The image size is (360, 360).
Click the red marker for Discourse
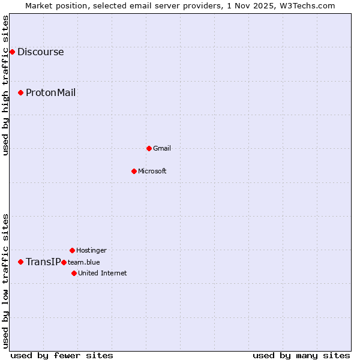coord(12,52)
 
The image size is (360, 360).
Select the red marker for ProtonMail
coord(20,92)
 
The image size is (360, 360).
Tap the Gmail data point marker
coord(149,148)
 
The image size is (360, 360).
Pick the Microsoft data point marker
coord(134,171)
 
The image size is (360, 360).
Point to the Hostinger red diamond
coord(72,250)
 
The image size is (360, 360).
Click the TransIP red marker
coord(20,262)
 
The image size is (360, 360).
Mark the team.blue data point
coord(64,262)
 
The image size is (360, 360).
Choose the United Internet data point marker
coord(74,273)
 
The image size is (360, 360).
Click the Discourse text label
coord(40,52)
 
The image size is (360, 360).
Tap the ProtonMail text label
coord(50,92)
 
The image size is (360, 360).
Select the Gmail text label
coord(162,148)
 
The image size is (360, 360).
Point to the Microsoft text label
coord(152,171)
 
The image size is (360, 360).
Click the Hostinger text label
coord(91,250)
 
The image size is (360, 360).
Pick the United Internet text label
coord(102,273)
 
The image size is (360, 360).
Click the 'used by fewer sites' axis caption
coord(62,355)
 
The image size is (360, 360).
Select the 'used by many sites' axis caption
coord(301,355)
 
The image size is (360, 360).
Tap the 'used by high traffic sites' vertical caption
coord(5,85)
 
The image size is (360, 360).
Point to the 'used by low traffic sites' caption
coord(5,280)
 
